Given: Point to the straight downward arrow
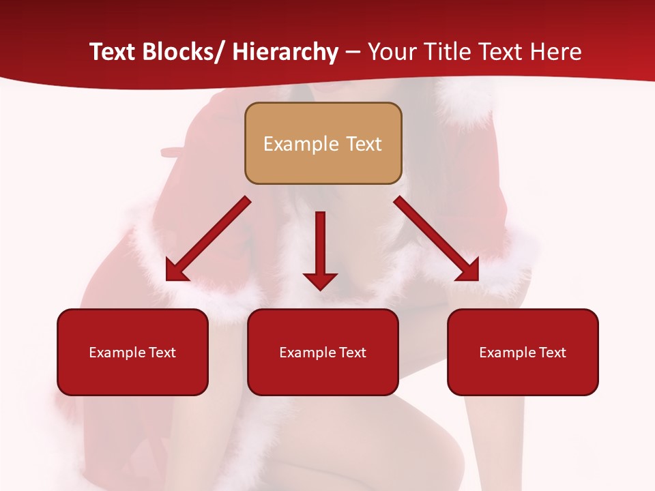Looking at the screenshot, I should coord(320,250).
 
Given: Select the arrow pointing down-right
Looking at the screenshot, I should coord(437,239).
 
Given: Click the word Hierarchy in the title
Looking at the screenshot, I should coord(285,52).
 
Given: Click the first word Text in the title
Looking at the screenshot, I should coord(113,52).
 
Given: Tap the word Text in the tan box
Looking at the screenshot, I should coord(363,144).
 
